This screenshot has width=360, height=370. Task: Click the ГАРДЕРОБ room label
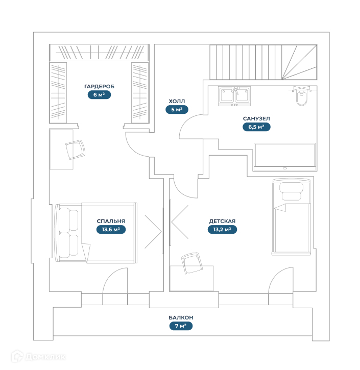point(99,87)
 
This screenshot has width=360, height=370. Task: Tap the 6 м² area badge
point(99,94)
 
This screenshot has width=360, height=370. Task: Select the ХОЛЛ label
point(177,101)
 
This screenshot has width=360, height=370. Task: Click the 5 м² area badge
point(177,109)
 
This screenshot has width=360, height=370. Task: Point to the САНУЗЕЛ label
point(256,118)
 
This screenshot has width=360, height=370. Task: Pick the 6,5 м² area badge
point(256,127)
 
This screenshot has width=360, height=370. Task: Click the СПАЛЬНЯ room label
point(111,221)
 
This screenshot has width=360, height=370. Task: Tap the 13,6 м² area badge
point(111,229)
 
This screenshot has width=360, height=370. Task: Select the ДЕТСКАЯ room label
point(222,221)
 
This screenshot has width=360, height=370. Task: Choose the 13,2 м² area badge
point(222,229)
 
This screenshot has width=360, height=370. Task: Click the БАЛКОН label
point(181,317)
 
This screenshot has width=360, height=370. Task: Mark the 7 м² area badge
point(181,326)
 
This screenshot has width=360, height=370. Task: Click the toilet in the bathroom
point(302,98)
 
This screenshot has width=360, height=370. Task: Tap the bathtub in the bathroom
point(285,156)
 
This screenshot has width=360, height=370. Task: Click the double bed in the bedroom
point(95,232)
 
